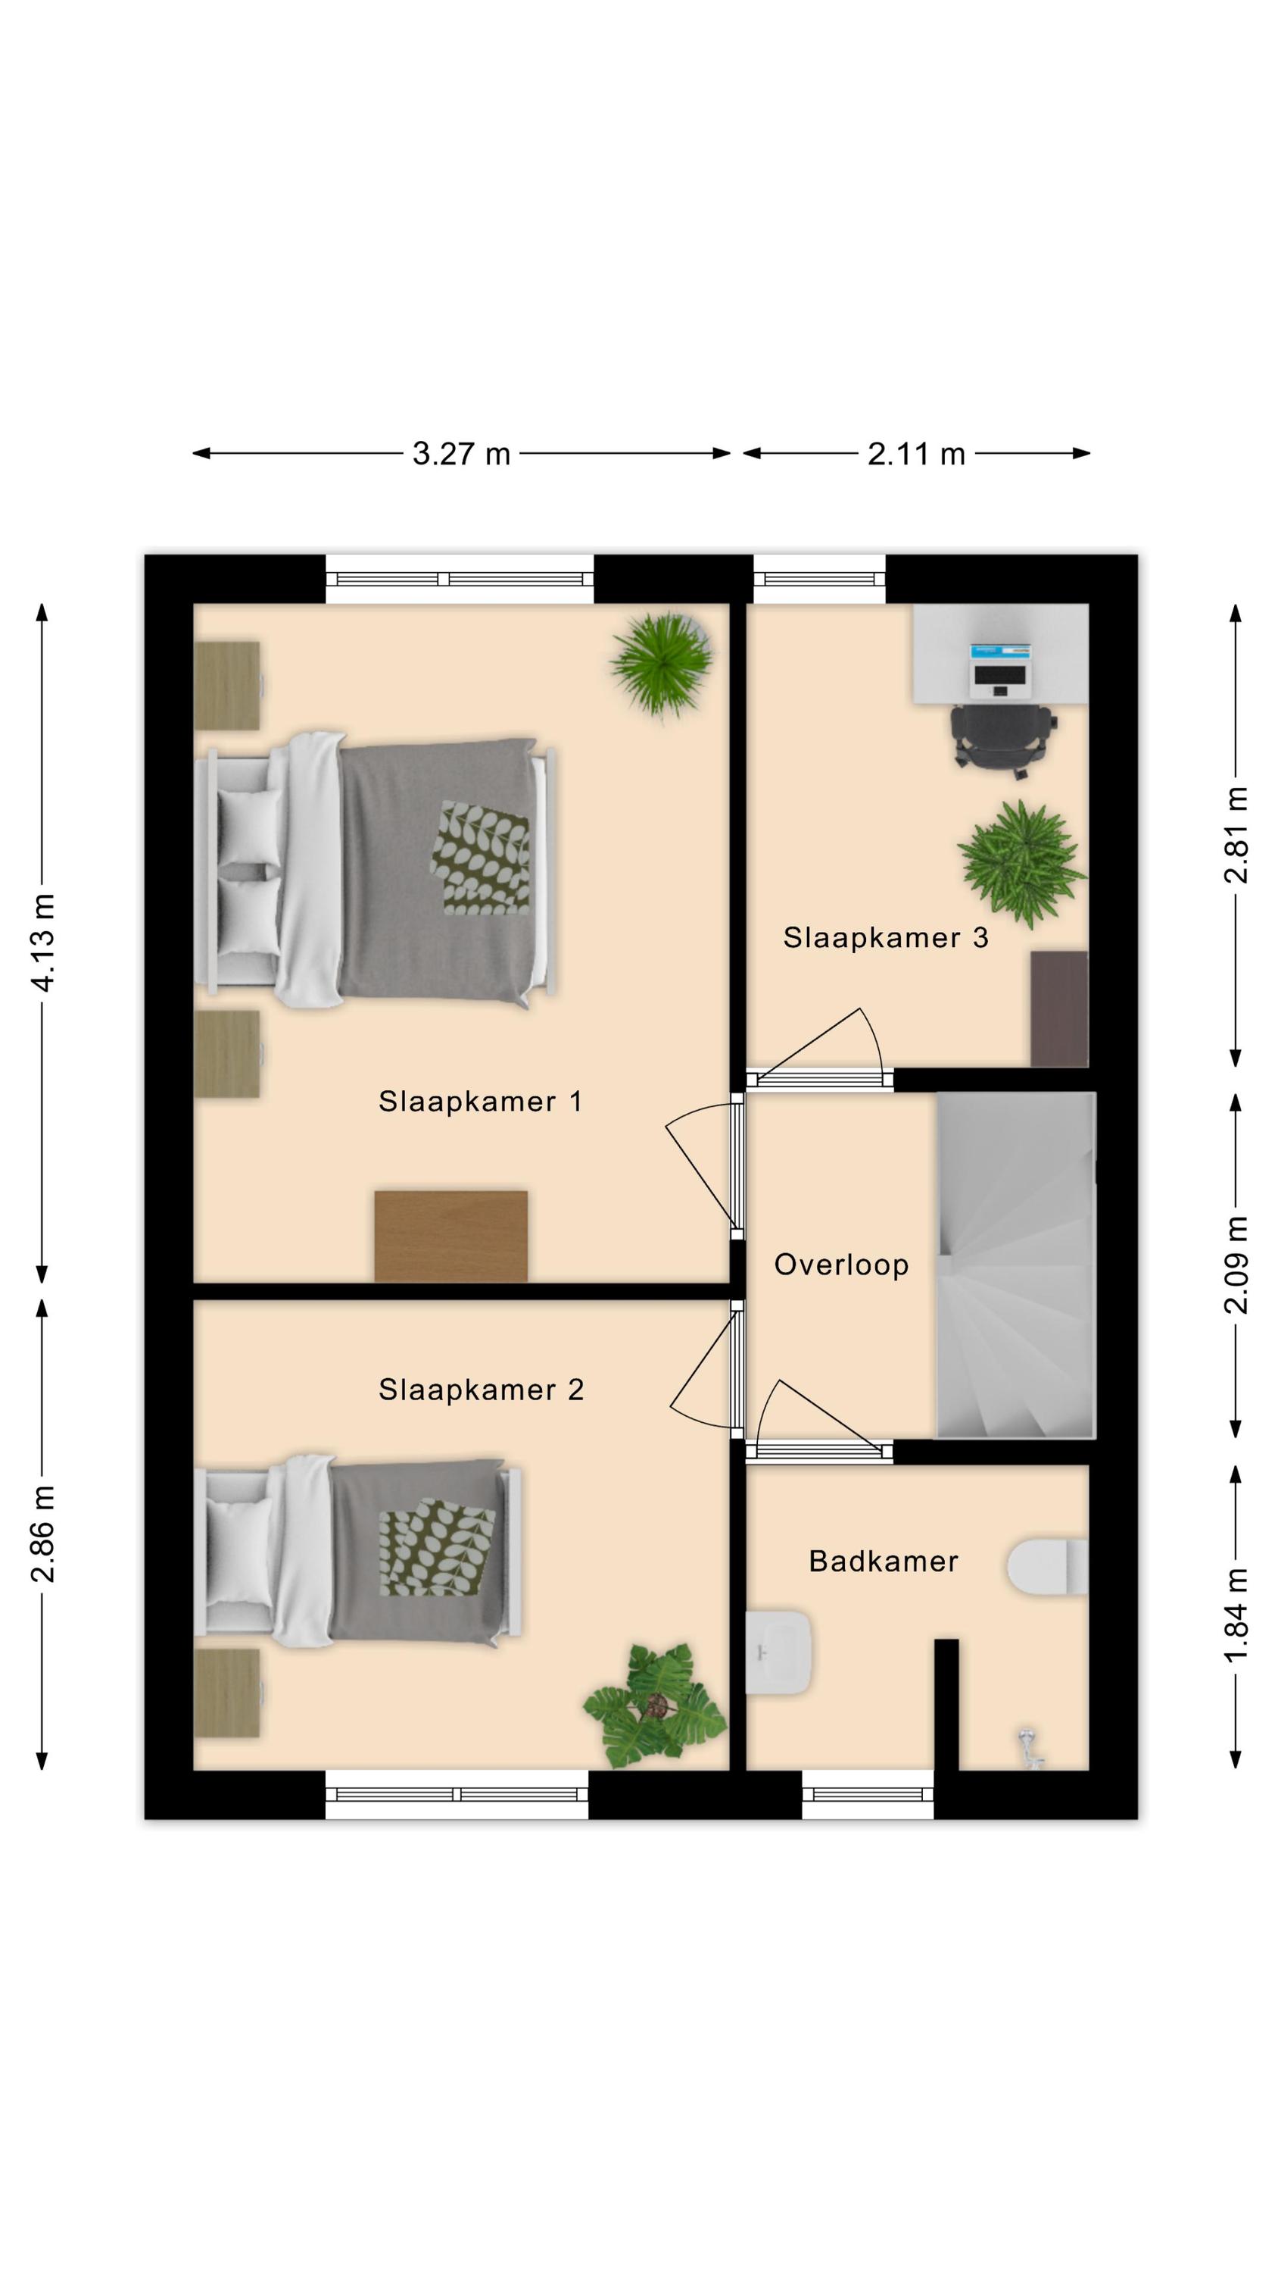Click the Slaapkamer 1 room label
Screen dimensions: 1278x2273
pyautogui.click(x=480, y=1101)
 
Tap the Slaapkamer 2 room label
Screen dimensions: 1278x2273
pyautogui.click(x=481, y=1390)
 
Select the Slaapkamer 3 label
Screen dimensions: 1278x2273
pyautogui.click(x=886, y=937)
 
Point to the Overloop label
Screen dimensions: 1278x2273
pyautogui.click(x=840, y=1265)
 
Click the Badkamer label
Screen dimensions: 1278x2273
pyautogui.click(x=883, y=1562)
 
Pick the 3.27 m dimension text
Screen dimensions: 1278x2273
pyautogui.click(x=461, y=454)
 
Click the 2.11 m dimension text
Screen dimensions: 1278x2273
pyautogui.click(x=916, y=454)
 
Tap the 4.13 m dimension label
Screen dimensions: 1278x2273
pyautogui.click(x=42, y=942)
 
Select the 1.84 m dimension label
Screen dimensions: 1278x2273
pyautogui.click(x=1236, y=1615)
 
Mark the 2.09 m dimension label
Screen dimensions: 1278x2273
pyautogui.click(x=1236, y=1265)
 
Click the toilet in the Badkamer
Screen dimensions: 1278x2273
pyautogui.click(x=1048, y=1567)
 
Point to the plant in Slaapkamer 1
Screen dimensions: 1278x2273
pyautogui.click(x=661, y=663)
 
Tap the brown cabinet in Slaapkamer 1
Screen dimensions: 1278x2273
pyautogui.click(x=450, y=1237)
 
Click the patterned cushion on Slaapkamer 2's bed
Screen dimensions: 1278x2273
pyautogui.click(x=437, y=1547)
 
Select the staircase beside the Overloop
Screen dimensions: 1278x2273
pyautogui.click(x=1016, y=1265)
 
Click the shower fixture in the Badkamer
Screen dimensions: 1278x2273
pyautogui.click(x=1029, y=1748)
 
